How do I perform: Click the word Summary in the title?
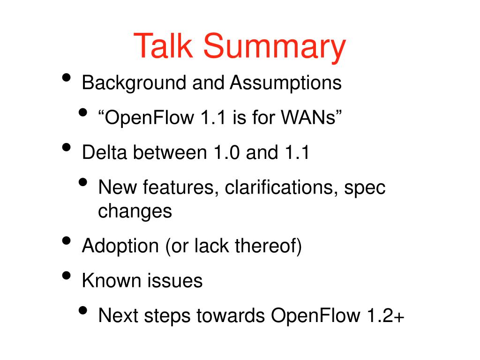pos(274,47)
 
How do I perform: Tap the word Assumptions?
pos(285,83)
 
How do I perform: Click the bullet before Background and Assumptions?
pos(67,77)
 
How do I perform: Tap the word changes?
pos(135,211)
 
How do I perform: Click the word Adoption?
pos(120,246)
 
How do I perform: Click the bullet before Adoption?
pos(67,240)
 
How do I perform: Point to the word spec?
pos(365,188)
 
